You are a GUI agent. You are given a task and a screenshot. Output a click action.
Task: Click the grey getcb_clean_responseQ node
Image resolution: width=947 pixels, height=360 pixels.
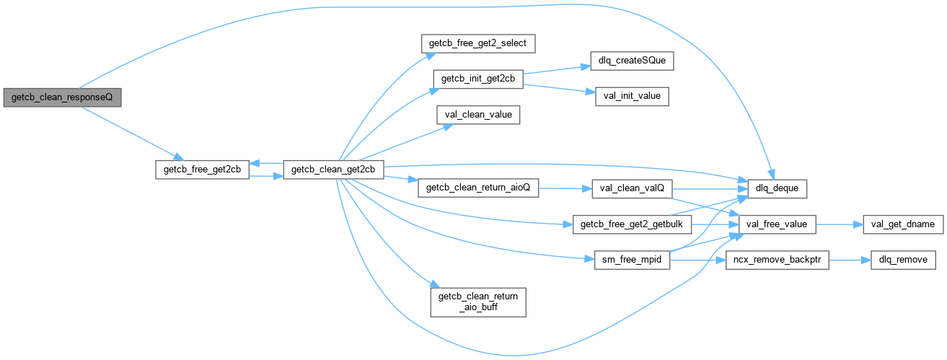pyautogui.click(x=62, y=97)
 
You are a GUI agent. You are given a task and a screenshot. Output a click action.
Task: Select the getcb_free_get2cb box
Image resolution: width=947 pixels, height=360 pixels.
pyautogui.click(x=203, y=170)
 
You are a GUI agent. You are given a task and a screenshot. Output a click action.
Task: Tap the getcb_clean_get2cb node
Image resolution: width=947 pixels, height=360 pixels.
pyautogui.click(x=332, y=170)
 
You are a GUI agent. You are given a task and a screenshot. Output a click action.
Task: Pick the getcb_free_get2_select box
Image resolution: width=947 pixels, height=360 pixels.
pyautogui.click(x=477, y=43)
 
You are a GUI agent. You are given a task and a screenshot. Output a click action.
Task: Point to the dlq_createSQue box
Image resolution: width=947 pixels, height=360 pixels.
pyautogui.click(x=631, y=61)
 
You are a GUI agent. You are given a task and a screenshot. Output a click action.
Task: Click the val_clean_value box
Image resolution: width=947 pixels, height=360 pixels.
pyautogui.click(x=477, y=114)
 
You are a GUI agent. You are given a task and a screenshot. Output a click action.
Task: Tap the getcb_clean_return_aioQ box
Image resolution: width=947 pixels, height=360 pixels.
pyautogui.click(x=477, y=188)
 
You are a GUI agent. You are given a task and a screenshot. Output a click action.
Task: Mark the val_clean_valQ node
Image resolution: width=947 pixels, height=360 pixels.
pyautogui.click(x=631, y=188)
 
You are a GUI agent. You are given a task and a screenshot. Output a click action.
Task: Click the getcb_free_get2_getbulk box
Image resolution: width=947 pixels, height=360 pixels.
pyautogui.click(x=631, y=224)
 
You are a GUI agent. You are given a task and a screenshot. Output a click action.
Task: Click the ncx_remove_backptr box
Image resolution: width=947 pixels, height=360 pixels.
pyautogui.click(x=776, y=260)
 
